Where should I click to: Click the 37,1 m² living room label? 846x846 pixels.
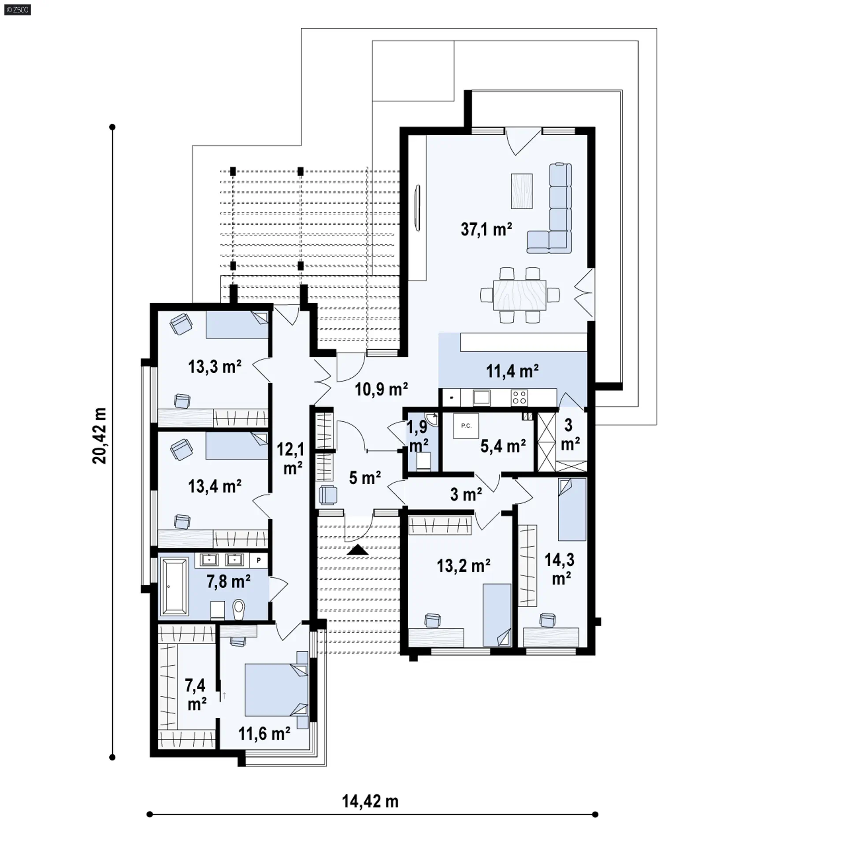pos(486,229)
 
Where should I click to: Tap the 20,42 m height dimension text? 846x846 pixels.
pos(100,436)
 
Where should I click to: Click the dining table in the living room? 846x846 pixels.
pos(519,295)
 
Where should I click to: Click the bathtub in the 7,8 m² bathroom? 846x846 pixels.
pos(174,586)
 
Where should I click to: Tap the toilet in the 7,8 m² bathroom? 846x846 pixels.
pos(238,610)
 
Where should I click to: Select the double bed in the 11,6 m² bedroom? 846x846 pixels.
pos(276,690)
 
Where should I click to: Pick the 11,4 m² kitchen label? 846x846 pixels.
pos(512,371)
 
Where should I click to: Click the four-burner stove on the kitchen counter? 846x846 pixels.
pos(519,397)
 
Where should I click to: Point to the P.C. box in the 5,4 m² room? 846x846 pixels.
pos(466,426)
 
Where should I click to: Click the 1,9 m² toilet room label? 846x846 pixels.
pos(418,436)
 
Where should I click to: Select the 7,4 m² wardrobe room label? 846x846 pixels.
pos(196,695)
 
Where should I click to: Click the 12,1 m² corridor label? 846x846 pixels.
pos(291,459)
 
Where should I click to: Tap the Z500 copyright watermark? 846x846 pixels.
pos(18,9)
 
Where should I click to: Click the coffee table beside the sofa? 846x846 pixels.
pos(522,191)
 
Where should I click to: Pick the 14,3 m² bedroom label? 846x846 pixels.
pos(560,569)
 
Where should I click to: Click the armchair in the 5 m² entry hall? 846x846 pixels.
pos(328,495)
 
